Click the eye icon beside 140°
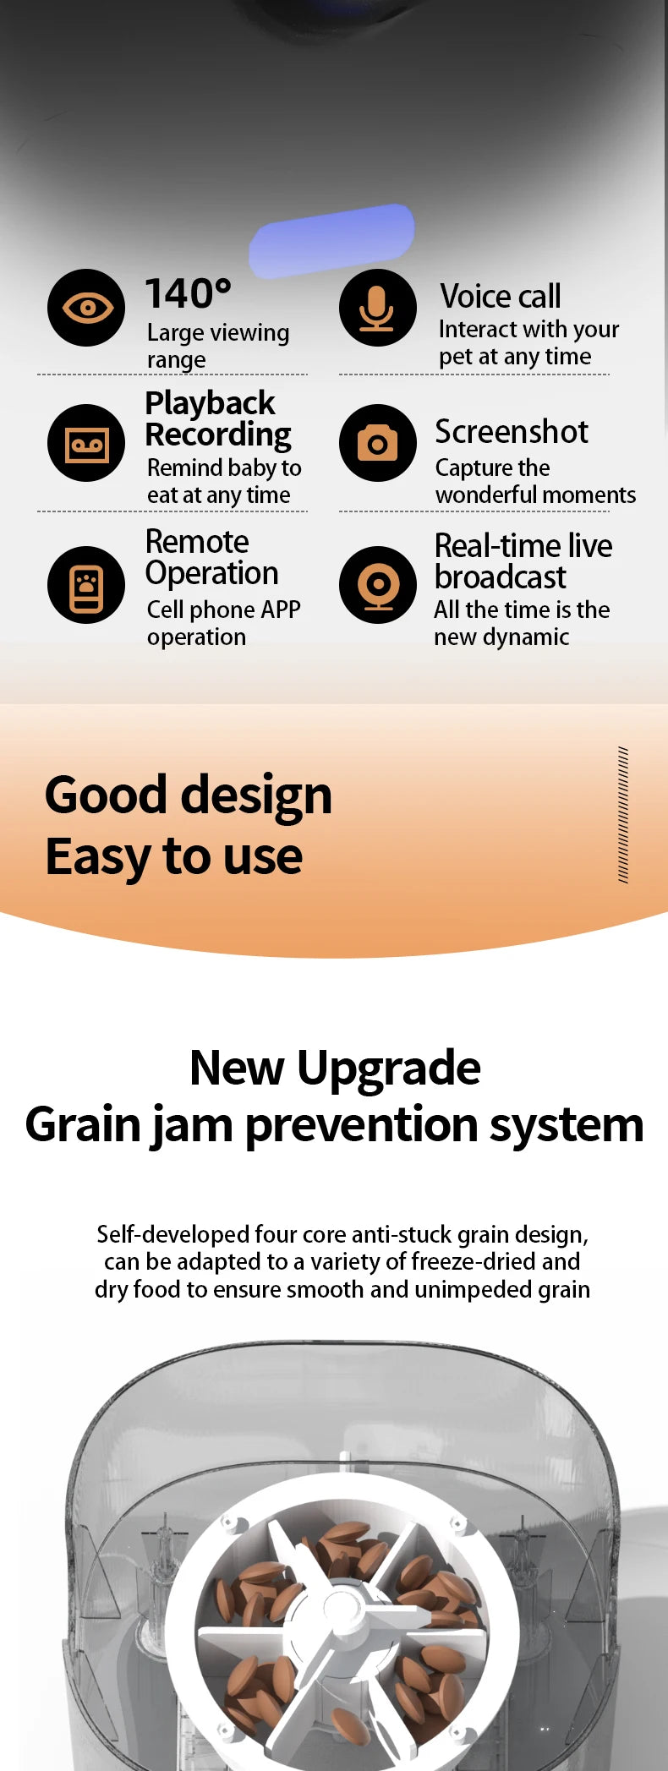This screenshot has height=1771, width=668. [x=86, y=308]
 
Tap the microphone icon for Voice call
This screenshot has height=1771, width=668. [x=378, y=308]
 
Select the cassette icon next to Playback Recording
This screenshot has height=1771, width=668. [x=86, y=443]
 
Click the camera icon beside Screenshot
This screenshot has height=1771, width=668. [x=378, y=443]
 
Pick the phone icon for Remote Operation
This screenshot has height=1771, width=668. [x=86, y=585]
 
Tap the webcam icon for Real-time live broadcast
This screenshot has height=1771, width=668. [x=378, y=585]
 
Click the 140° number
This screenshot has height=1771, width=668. [x=188, y=294]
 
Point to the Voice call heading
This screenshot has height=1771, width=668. [x=501, y=296]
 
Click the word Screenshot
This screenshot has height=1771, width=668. [x=512, y=432]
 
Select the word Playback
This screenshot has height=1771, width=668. [x=210, y=404]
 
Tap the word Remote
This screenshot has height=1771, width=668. [x=197, y=541]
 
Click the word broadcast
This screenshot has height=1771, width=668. [x=501, y=577]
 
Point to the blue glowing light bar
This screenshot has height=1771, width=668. [x=331, y=241]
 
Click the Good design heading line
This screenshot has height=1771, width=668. [x=189, y=795]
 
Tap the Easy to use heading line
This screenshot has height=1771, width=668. [x=174, y=857]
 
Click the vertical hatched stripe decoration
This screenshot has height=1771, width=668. [x=623, y=815]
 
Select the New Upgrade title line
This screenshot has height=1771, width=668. [x=335, y=1068]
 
